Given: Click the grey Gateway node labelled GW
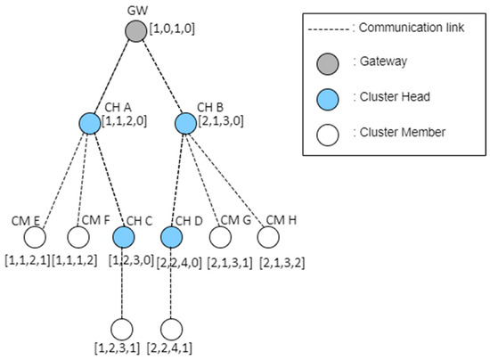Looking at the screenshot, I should point(136,33).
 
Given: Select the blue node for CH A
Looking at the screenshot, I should point(88,124).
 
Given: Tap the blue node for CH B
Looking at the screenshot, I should point(184,124).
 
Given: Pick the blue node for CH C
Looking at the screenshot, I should point(123,238).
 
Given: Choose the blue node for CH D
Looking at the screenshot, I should point(171,238).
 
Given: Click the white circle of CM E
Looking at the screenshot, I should point(35,238).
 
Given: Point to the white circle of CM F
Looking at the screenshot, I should point(78,238).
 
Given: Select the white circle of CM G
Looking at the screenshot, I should point(220,238).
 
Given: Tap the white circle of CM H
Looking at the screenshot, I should point(268,238).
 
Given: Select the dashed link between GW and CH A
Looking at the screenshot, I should point(112,78).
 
